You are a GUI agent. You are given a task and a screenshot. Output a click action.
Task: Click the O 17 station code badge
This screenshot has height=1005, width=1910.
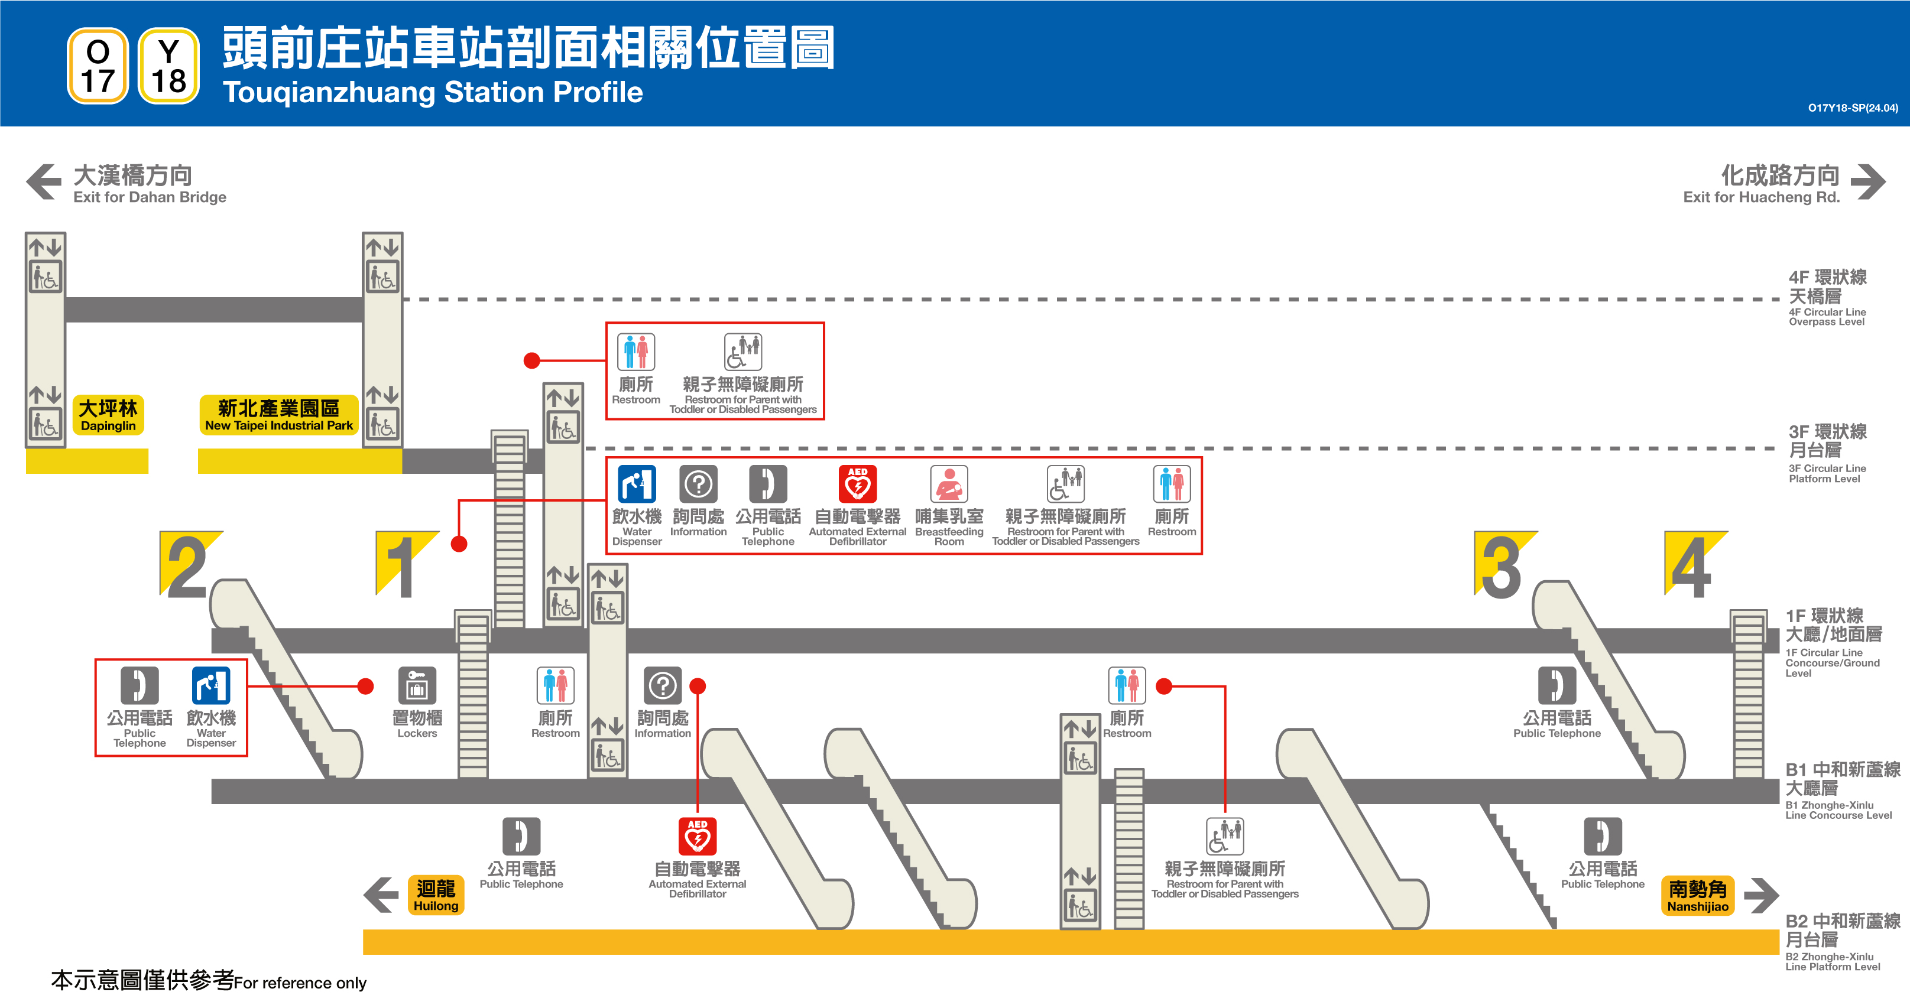click(98, 66)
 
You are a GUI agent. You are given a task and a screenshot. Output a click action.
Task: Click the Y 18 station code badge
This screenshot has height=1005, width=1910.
click(169, 66)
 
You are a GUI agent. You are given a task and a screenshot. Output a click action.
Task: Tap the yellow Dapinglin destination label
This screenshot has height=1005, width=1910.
click(108, 415)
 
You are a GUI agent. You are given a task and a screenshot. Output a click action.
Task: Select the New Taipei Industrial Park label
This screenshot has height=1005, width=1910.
click(279, 415)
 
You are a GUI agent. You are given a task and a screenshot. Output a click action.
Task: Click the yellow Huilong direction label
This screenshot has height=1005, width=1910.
click(436, 895)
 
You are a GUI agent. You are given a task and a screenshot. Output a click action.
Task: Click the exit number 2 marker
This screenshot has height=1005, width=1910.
click(189, 565)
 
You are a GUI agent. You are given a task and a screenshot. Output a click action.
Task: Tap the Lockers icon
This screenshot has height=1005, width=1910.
click(417, 685)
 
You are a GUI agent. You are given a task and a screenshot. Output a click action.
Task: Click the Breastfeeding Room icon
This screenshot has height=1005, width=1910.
click(949, 484)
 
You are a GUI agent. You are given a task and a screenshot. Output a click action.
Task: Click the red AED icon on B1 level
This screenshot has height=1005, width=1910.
click(697, 836)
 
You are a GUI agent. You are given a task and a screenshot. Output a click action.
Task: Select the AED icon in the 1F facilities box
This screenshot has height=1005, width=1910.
click(857, 484)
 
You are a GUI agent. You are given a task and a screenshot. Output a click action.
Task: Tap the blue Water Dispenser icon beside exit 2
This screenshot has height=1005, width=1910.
click(211, 685)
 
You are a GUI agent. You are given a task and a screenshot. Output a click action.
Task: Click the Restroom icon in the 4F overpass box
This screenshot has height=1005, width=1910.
click(636, 352)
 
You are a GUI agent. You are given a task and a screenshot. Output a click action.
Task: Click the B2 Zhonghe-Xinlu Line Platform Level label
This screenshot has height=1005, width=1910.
click(1842, 942)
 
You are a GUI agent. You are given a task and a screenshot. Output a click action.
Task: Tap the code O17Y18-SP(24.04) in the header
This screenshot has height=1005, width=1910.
click(1852, 108)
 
